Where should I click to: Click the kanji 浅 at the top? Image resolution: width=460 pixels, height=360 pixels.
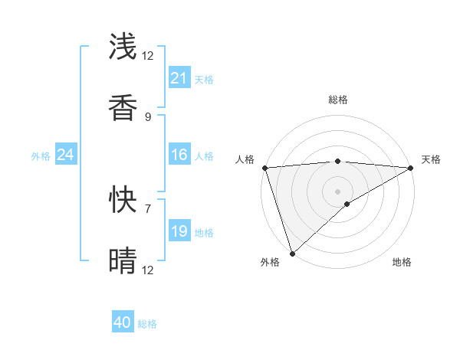(123, 47)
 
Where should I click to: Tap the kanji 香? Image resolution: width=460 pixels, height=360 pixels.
(123, 108)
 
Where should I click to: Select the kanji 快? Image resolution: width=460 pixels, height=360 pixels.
(123, 200)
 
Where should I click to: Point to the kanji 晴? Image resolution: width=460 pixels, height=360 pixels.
(123, 261)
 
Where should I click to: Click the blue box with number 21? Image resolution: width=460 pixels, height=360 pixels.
(179, 78)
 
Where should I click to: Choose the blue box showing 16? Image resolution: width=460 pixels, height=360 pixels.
(179, 155)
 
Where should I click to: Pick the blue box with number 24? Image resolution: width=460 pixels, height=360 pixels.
(66, 155)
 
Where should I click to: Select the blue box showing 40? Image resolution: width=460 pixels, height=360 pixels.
(123, 322)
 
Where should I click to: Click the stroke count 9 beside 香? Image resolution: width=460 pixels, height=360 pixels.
(148, 116)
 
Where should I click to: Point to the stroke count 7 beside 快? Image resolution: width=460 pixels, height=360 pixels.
(148, 208)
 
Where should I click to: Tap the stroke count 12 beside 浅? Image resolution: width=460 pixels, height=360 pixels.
(148, 55)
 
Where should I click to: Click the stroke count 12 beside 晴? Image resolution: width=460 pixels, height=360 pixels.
(148, 270)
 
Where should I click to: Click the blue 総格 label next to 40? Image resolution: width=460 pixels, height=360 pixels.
(147, 324)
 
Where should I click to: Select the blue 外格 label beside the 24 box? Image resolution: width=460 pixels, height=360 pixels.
(41, 156)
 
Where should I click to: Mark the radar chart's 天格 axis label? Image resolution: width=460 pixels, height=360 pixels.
(431, 159)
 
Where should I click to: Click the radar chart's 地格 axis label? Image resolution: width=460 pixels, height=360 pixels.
(402, 262)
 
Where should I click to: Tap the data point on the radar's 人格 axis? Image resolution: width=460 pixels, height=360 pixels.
(264, 168)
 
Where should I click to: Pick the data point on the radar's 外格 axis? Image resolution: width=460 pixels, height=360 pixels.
(292, 254)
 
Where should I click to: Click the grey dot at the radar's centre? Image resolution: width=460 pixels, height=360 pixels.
(337, 191)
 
